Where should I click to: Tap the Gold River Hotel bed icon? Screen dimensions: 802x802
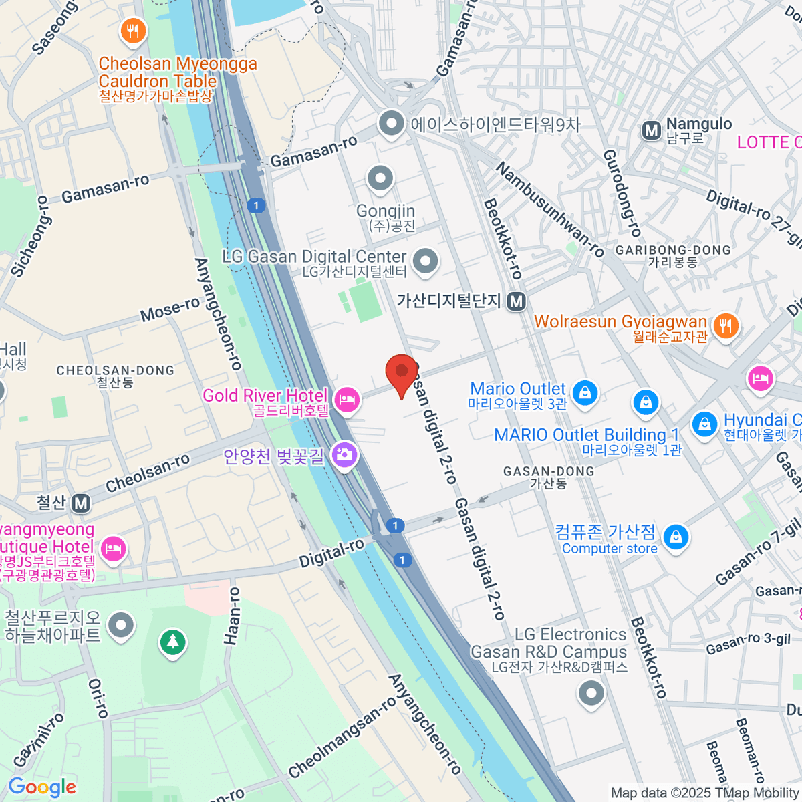tap(346, 400)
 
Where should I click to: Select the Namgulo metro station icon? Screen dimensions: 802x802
tap(652, 131)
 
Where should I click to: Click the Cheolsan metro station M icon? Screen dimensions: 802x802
tap(81, 503)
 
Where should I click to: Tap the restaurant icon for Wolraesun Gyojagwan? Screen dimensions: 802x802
tap(725, 325)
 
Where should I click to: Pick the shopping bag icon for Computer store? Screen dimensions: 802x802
tap(676, 537)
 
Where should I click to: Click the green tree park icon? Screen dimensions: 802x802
tap(173, 642)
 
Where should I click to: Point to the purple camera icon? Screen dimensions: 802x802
tap(344, 456)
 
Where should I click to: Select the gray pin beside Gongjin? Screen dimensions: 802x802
tap(381, 178)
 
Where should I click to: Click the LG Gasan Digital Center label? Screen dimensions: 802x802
tap(314, 257)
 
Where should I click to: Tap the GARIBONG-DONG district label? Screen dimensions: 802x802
tap(673, 250)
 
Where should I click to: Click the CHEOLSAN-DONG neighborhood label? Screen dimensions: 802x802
tap(115, 370)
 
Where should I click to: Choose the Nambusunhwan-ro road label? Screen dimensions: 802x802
tap(549, 210)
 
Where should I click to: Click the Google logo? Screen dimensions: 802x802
tap(42, 787)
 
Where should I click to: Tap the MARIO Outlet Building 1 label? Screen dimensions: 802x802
tap(586, 435)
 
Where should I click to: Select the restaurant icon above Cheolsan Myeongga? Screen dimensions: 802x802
tap(134, 31)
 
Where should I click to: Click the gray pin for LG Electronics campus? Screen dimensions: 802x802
tap(591, 693)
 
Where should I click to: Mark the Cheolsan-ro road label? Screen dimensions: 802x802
tap(147, 473)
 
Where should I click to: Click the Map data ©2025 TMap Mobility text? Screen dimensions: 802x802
tap(705, 793)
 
